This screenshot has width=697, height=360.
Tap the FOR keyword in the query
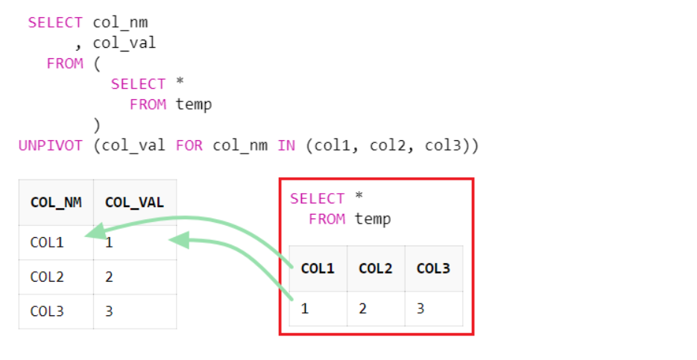(189, 145)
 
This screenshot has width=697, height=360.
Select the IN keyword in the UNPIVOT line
(286, 145)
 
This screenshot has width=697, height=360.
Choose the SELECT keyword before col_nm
(55, 22)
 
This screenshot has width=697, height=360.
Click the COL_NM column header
(56, 202)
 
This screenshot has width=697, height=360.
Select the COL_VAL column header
(134, 202)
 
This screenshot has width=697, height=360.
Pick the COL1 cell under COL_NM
(47, 242)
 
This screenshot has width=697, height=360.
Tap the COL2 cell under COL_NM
(47, 277)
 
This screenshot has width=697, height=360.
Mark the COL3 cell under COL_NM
(47, 311)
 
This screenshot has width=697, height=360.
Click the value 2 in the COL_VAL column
(109, 277)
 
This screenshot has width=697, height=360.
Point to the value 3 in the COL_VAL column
(109, 311)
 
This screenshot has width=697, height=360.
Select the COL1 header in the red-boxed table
(318, 268)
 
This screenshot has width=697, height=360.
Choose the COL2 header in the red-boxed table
(376, 268)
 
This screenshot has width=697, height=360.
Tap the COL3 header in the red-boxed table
(433, 268)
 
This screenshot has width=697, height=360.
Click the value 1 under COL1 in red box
(305, 308)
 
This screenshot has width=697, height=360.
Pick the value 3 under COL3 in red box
(420, 308)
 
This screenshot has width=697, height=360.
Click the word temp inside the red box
(373, 219)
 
